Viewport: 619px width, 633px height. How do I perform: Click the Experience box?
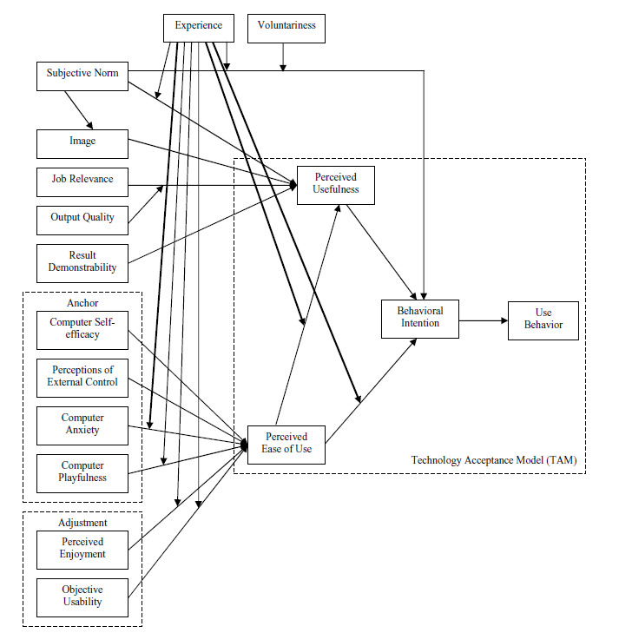198,27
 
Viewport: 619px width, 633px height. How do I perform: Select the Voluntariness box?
286,27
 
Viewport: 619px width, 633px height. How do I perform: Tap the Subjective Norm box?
82,74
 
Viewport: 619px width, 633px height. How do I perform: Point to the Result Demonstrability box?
82,263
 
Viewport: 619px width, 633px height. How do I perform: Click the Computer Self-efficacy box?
82,329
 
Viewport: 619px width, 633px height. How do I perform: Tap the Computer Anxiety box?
82,425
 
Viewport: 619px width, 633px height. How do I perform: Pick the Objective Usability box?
82,597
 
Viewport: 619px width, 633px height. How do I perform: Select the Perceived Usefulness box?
335,184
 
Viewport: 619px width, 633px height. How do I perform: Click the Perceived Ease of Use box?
286,445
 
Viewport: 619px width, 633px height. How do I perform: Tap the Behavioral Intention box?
420,319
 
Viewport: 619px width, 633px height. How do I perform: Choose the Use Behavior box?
543,320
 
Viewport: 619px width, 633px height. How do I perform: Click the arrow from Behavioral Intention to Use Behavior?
484,320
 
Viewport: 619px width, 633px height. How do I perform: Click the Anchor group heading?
82,304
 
